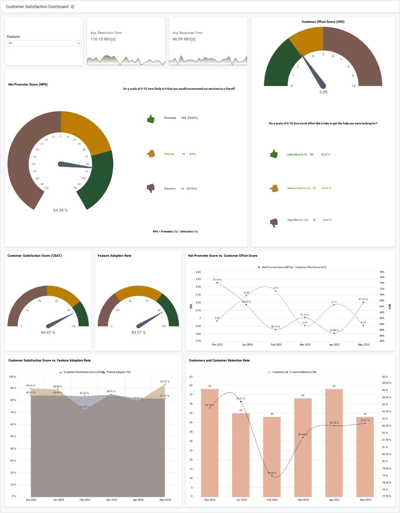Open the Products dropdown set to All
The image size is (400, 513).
(44, 43)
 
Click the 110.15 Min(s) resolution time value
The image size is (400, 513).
(103, 39)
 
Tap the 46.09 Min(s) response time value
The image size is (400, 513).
(184, 39)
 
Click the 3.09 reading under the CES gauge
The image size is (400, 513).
(323, 92)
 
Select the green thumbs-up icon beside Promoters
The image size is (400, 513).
(151, 119)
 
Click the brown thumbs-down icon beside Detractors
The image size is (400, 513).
(151, 188)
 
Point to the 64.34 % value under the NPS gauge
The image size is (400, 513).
(60, 210)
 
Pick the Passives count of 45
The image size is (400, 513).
(183, 154)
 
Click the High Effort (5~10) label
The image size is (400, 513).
(297, 220)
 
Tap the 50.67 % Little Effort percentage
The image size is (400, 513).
(325, 155)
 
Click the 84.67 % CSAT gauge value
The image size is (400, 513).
(48, 332)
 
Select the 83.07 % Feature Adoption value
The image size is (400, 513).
(138, 332)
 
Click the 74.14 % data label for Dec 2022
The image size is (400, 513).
(217, 280)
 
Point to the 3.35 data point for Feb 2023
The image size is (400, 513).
(276, 291)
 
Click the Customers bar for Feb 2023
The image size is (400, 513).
(272, 456)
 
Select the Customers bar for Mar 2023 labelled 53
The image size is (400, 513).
(303, 448)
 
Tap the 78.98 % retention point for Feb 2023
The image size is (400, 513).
(272, 476)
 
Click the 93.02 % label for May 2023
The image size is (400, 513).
(165, 382)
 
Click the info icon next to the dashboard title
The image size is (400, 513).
(72, 7)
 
